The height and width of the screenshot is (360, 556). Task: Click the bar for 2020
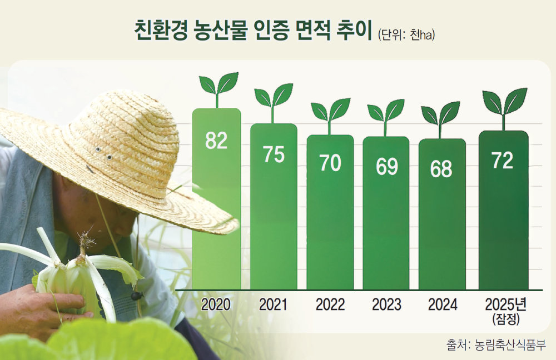point(216,199)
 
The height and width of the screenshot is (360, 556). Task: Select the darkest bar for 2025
point(504,210)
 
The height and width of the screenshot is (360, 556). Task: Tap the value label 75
point(274,154)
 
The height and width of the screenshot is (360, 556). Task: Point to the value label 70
point(330,163)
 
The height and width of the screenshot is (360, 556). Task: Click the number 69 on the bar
point(386,167)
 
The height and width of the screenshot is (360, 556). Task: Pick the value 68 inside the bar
point(441,169)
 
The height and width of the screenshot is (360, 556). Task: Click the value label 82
point(216,141)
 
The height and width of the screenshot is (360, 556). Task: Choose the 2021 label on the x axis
point(273,305)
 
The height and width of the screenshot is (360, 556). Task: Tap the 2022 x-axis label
point(330,305)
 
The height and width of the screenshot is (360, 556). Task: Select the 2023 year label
point(386,305)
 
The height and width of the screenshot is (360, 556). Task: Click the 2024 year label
point(443,305)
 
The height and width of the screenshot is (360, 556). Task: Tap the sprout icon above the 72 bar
point(504,109)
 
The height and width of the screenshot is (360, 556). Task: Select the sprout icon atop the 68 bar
point(440,119)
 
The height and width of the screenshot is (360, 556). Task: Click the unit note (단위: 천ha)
point(406,35)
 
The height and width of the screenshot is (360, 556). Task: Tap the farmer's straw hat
point(117,156)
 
